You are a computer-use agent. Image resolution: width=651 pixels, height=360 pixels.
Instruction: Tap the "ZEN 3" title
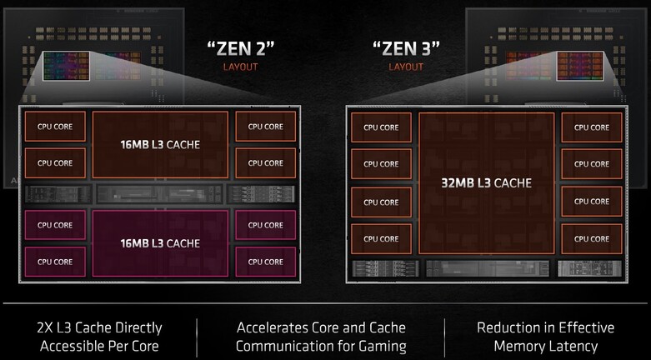[405, 47]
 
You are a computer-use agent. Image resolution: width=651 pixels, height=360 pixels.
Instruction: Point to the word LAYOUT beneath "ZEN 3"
[406, 67]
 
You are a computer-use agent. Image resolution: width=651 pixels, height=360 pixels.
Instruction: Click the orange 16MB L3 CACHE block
[160, 144]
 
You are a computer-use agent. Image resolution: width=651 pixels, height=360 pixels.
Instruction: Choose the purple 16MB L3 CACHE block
[160, 242]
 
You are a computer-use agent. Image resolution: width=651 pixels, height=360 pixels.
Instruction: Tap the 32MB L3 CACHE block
[487, 183]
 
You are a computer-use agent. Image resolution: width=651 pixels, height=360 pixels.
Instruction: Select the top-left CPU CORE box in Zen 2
[55, 127]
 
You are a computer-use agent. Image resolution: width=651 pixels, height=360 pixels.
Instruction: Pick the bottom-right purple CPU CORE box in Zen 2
[265, 262]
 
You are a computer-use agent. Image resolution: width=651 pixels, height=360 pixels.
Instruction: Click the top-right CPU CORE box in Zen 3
[591, 127]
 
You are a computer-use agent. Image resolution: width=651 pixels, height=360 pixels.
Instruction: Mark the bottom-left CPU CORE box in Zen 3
[381, 239]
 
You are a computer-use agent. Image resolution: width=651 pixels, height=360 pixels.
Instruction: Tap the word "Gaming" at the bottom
[380, 346]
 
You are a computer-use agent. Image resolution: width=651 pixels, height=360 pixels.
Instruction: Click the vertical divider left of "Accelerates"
[197, 336]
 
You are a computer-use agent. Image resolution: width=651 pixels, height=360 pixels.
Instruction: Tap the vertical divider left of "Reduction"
[444, 336]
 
